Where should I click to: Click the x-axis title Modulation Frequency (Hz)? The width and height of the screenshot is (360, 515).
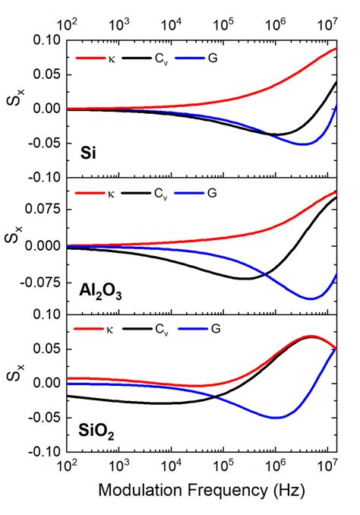(x=201, y=492)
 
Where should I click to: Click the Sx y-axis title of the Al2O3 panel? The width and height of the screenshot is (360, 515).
(x=14, y=245)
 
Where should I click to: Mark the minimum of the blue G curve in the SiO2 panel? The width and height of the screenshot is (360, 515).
(x=276, y=417)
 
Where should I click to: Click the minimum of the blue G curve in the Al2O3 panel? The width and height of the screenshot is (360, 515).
(x=310, y=299)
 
